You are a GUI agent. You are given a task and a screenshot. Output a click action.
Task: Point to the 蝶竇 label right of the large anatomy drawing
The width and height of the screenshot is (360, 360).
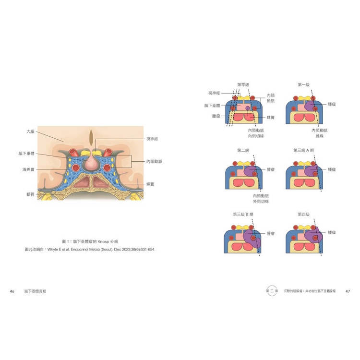(151, 183)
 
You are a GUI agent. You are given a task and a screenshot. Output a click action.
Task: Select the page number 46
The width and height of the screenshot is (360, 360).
(12, 291)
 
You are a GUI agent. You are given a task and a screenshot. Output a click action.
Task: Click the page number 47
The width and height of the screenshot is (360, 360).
(348, 291)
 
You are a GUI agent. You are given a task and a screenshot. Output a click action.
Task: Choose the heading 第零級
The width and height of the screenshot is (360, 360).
(243, 84)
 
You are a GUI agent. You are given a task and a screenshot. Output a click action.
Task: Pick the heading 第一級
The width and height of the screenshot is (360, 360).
(303, 84)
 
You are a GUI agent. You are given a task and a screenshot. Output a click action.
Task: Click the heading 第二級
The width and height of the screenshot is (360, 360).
(243, 150)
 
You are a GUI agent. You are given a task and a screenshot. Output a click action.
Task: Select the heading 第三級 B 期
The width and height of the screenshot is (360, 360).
(243, 214)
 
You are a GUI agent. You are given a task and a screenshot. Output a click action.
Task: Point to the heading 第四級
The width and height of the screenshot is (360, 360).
(303, 214)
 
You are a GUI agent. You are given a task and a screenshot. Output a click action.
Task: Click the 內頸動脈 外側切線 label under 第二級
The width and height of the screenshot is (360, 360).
(262, 198)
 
